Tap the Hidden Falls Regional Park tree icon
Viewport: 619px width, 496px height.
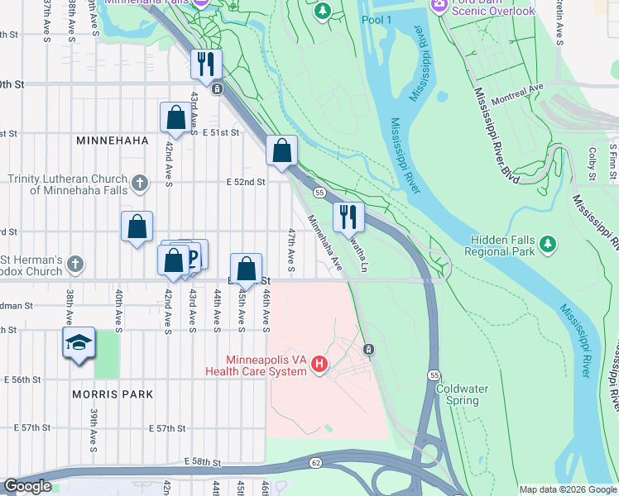pyautogui.click(x=547, y=244)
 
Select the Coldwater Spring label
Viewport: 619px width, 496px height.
pyautogui.click(x=457, y=394)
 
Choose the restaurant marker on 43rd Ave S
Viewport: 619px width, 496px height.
pyautogui.click(x=205, y=64)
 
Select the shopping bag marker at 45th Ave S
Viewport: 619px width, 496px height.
pyautogui.click(x=246, y=268)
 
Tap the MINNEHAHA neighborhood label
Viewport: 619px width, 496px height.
pyautogui.click(x=112, y=141)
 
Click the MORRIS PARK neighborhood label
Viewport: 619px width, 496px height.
pyautogui.click(x=113, y=394)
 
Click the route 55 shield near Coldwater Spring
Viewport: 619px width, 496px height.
pyautogui.click(x=434, y=375)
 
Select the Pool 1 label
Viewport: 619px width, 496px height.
pyautogui.click(x=377, y=19)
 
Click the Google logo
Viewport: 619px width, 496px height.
pyautogui.click(x=27, y=487)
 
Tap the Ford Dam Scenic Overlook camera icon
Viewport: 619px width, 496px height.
pyautogui.click(x=439, y=5)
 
